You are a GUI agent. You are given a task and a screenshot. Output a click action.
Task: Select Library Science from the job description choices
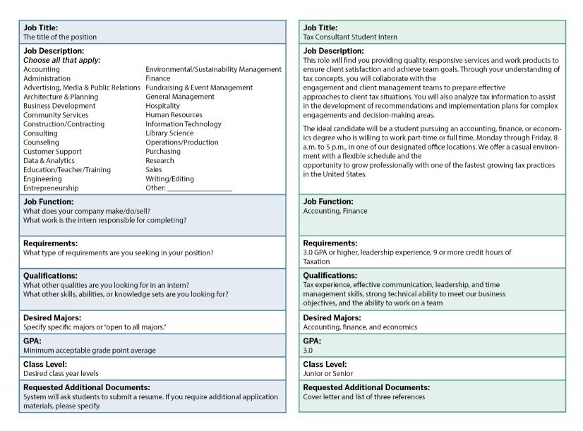pyautogui.click(x=169, y=133)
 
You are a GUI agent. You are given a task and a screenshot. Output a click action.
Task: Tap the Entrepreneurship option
pyautogui.click(x=51, y=188)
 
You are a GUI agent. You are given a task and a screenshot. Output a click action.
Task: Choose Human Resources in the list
pyautogui.click(x=174, y=115)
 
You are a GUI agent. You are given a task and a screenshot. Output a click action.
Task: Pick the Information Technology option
pyautogui.click(x=184, y=124)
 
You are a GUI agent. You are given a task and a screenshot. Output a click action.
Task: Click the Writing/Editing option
pyautogui.click(x=169, y=179)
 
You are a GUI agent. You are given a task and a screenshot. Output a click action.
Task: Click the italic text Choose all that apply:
pyautogui.click(x=62, y=60)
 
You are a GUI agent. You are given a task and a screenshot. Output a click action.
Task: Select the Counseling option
pyautogui.click(x=42, y=142)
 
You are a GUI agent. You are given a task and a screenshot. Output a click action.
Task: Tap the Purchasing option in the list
pyautogui.click(x=163, y=152)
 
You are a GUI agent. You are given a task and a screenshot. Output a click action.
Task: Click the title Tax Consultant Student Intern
pyautogui.click(x=350, y=37)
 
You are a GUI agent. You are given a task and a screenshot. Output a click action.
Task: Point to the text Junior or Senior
pyautogui.click(x=328, y=374)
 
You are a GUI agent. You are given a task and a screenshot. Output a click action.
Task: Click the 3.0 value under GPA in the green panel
pyautogui.click(x=308, y=350)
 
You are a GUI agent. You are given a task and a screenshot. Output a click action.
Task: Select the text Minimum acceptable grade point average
pyautogui.click(x=90, y=351)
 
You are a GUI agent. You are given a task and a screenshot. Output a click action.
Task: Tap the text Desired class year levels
pyautogui.click(x=61, y=374)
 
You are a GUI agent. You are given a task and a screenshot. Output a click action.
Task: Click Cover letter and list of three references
pyautogui.click(x=364, y=397)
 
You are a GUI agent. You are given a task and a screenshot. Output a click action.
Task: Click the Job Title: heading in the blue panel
pyautogui.click(x=41, y=28)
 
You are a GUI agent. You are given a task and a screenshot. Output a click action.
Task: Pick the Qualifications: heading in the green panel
pyautogui.click(x=330, y=275)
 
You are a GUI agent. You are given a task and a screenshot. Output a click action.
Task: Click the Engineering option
pyautogui.click(x=43, y=179)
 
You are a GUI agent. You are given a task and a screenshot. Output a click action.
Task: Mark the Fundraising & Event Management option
pyautogui.click(x=199, y=87)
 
